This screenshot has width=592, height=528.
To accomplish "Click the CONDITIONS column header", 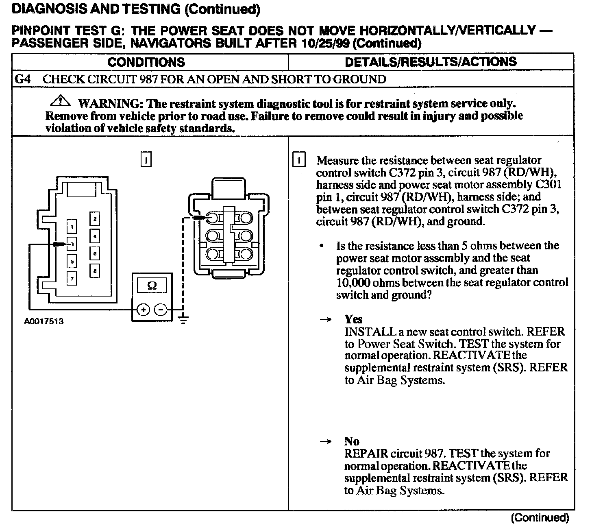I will (x=146, y=62).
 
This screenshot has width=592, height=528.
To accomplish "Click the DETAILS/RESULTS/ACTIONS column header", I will (x=431, y=62).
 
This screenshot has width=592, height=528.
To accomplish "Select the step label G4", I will (x=22, y=79).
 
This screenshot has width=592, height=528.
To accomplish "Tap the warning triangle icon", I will (x=61, y=100).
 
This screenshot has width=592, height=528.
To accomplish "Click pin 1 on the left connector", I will (x=72, y=227).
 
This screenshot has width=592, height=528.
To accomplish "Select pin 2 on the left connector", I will (x=95, y=219).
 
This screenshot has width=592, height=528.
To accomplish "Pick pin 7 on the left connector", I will (x=72, y=278).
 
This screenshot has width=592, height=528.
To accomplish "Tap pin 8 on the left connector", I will (x=95, y=271).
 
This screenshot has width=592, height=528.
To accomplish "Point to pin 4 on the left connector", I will (x=95, y=236).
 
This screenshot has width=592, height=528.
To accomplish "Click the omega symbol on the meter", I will (x=152, y=286).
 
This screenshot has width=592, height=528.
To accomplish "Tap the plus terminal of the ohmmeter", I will (x=143, y=310).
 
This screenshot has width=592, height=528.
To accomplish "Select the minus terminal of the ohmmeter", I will (x=161, y=310).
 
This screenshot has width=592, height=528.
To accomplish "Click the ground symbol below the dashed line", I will (x=183, y=319).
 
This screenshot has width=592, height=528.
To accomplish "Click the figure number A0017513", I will (x=44, y=321).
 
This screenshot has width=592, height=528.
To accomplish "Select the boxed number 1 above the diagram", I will (x=146, y=159).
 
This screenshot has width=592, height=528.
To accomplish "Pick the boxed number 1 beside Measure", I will (x=299, y=160).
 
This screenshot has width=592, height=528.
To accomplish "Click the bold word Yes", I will (x=353, y=319).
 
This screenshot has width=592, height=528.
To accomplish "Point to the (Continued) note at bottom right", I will (x=540, y=518).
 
